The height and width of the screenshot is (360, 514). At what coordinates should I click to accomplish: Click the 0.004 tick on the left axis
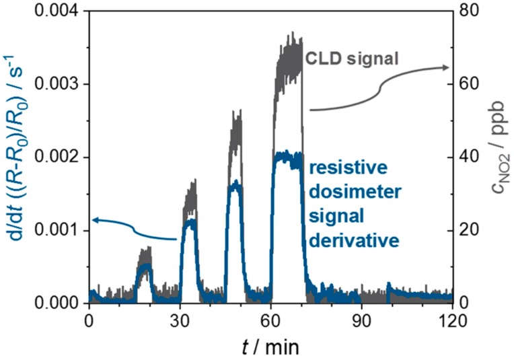coord(57,11)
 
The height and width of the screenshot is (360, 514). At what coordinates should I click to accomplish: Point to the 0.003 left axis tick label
coord(57,84)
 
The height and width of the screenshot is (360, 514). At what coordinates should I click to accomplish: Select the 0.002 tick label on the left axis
coord(57,157)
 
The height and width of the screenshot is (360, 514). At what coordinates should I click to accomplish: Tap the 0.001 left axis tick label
coord(57,230)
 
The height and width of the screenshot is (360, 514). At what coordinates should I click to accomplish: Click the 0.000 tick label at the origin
coord(57,303)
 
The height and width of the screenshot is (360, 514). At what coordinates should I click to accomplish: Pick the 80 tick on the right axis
coord(468,11)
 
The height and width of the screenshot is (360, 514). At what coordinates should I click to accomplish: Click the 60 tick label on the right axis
coord(468,84)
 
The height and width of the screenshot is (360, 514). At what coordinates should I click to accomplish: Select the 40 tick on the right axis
coord(468,157)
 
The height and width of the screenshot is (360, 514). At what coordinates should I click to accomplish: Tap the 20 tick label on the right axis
coord(468,230)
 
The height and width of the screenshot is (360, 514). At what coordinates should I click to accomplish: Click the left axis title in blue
coord(15,157)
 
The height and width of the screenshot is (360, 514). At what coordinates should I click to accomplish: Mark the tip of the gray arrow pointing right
coord(450,67)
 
